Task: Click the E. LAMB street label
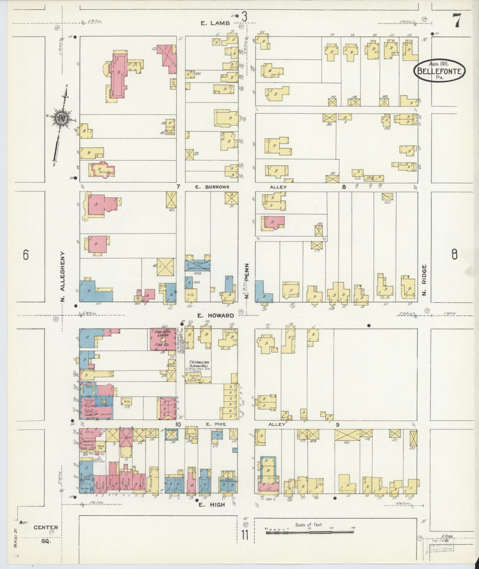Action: (x=215, y=23)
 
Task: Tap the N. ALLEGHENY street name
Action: (x=63, y=276)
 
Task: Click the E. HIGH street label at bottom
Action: (x=212, y=504)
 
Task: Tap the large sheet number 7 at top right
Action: (x=456, y=21)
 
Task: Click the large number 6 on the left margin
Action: (x=26, y=255)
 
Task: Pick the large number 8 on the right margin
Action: (x=454, y=255)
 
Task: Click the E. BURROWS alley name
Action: (x=212, y=187)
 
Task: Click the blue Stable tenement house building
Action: (x=198, y=264)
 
